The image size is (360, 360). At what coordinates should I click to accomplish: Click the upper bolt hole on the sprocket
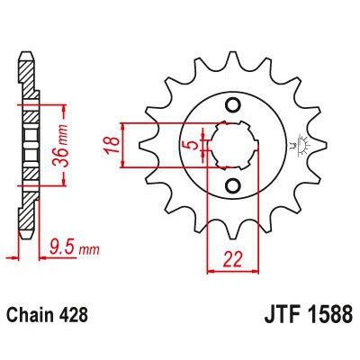coord(233,107)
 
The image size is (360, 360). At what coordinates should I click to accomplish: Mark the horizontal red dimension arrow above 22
coord(232,271)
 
